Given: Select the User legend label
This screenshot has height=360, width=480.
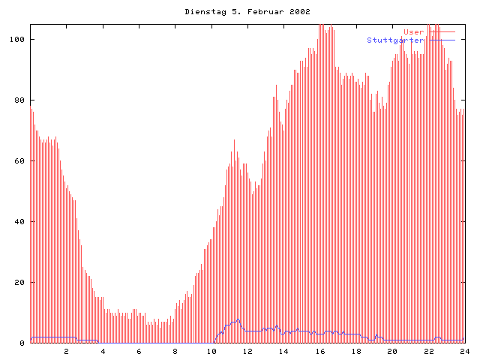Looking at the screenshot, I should point(414,32).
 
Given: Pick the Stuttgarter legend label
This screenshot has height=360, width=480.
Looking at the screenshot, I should point(395,40).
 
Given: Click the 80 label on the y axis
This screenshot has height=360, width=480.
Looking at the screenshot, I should point(20,100).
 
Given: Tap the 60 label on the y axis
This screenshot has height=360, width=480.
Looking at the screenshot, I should point(20,160).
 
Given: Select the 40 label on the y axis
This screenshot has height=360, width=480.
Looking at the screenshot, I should point(20,222).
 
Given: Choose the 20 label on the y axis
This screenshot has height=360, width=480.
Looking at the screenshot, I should point(20,283).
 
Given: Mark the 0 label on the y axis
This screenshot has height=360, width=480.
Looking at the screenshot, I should point(22,343).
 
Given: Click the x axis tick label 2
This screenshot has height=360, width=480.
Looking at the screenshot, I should point(66,351).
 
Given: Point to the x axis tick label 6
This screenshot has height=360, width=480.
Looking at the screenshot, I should point(139,351).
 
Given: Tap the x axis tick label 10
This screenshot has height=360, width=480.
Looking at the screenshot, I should point(211,351).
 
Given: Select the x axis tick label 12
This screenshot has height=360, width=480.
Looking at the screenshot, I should point(247,351).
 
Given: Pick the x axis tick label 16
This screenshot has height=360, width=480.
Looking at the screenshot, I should point(319,351).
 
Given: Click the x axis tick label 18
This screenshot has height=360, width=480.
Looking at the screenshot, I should point(355,351).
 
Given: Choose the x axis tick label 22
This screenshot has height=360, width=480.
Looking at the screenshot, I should point(428,351).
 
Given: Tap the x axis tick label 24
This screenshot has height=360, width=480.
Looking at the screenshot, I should point(464,351).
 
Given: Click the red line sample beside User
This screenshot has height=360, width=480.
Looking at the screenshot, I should point(442,32).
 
